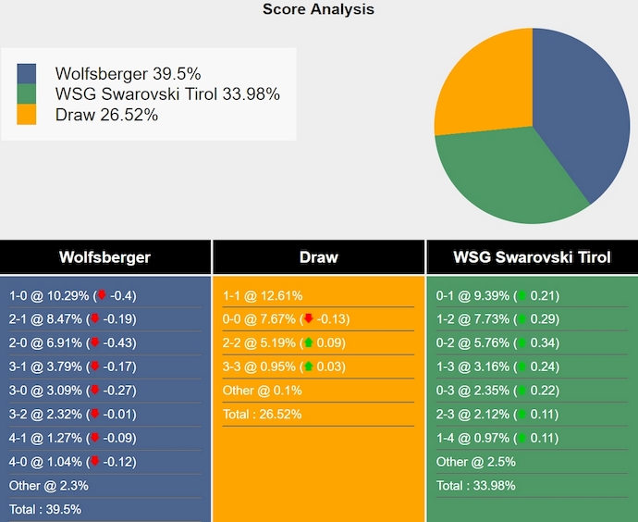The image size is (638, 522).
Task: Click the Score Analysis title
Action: tap(318, 9)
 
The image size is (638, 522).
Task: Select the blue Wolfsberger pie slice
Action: tap(583, 111)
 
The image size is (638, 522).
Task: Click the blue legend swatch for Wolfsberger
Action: tap(27, 74)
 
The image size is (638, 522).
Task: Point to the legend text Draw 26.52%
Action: tap(106, 115)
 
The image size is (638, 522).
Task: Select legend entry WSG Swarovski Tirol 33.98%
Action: tap(166, 94)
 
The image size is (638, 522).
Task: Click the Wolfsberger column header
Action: tap(104, 257)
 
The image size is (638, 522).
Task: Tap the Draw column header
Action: tap(318, 257)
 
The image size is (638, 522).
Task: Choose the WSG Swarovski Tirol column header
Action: tap(532, 257)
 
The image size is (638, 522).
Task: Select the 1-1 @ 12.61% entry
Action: tap(263, 296)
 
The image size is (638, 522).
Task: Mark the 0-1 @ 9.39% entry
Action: tap(472, 296)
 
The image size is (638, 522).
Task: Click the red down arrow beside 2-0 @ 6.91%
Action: tap(94, 342)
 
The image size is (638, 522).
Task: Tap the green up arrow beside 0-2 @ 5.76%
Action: tap(521, 342)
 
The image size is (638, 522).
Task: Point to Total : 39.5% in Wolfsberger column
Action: tap(45, 509)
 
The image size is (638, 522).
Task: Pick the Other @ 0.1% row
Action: tap(262, 391)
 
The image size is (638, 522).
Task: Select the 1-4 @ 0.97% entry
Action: tap(472, 437)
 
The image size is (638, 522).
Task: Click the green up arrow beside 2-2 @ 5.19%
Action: tap(308, 342)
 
